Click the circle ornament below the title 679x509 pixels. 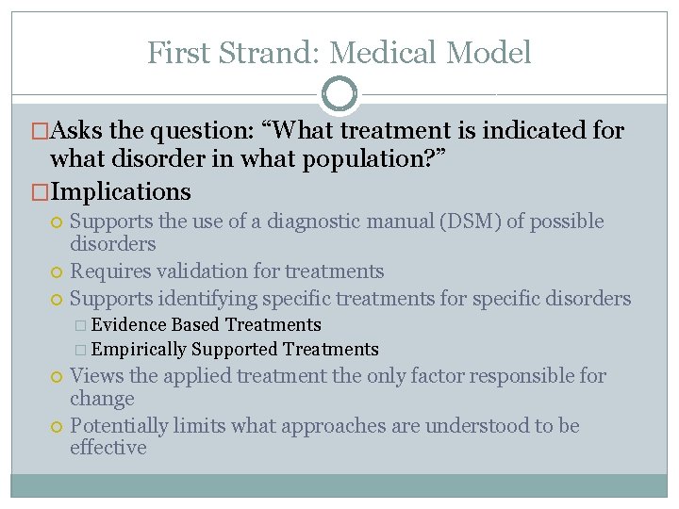[x=339, y=94]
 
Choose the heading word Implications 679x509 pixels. [x=121, y=191]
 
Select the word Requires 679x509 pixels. [x=108, y=271]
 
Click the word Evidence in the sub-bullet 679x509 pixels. [x=129, y=325]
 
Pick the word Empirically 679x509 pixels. [x=140, y=350]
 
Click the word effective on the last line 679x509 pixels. [x=108, y=448]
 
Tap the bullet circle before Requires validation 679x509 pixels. [x=58, y=272]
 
